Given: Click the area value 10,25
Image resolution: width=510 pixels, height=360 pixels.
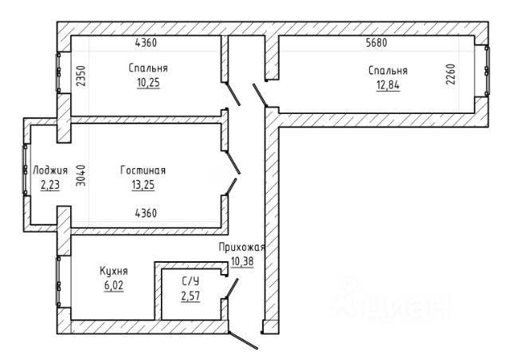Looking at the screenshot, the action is pos(148,83).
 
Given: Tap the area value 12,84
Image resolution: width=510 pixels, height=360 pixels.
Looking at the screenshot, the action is pos(388,85).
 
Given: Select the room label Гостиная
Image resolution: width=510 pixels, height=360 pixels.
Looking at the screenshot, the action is pos(143,170).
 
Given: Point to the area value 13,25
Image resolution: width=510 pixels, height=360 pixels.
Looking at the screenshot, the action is pos(143,185).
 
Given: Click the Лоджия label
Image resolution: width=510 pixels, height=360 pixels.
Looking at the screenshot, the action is pos(50,170).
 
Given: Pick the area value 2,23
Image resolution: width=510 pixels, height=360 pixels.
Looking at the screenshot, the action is pos(50,185).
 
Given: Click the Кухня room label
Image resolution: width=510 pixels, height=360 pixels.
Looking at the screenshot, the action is pos(113,271).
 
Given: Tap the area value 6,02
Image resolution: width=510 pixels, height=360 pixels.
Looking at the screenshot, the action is pos(114,285).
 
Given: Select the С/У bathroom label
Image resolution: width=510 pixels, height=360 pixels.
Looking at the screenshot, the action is pos(190,281).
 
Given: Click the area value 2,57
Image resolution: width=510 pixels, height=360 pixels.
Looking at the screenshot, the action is pos(190,296).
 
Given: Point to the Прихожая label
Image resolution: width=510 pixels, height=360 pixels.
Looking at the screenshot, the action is pos(241,248).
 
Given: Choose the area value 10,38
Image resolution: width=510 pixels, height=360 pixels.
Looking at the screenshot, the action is pos(242,261).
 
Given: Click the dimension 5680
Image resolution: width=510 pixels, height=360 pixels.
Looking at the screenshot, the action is pos(377,43).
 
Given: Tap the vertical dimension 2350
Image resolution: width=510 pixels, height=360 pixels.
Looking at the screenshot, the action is pos(81,76).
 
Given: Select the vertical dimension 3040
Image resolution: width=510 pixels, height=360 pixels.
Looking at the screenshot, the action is pos(81,175).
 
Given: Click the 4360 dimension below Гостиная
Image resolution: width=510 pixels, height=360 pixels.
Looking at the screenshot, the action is pos(146,213).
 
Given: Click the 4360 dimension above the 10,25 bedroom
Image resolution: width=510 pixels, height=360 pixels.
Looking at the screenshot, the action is pos(146,43).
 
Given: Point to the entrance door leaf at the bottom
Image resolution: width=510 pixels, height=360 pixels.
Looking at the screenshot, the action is pos(243,340).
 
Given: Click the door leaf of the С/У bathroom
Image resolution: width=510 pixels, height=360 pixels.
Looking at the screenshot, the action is pos(232,288).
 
